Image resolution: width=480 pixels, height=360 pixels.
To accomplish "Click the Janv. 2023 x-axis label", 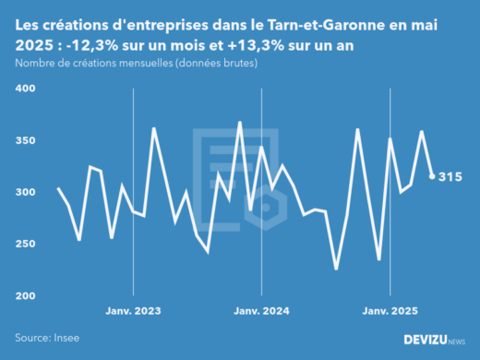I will click(x=135, y=312).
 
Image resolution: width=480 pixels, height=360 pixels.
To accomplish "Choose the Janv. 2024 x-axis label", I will click(x=262, y=312).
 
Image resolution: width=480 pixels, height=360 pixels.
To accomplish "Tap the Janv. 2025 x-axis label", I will click(x=390, y=312).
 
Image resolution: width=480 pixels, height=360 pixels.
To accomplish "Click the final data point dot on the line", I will click(x=432, y=176).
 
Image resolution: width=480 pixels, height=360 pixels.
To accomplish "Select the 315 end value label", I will click(x=450, y=176).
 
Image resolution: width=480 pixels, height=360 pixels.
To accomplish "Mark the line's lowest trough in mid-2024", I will click(x=336, y=269).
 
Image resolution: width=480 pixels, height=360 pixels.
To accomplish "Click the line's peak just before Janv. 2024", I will click(x=240, y=122).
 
